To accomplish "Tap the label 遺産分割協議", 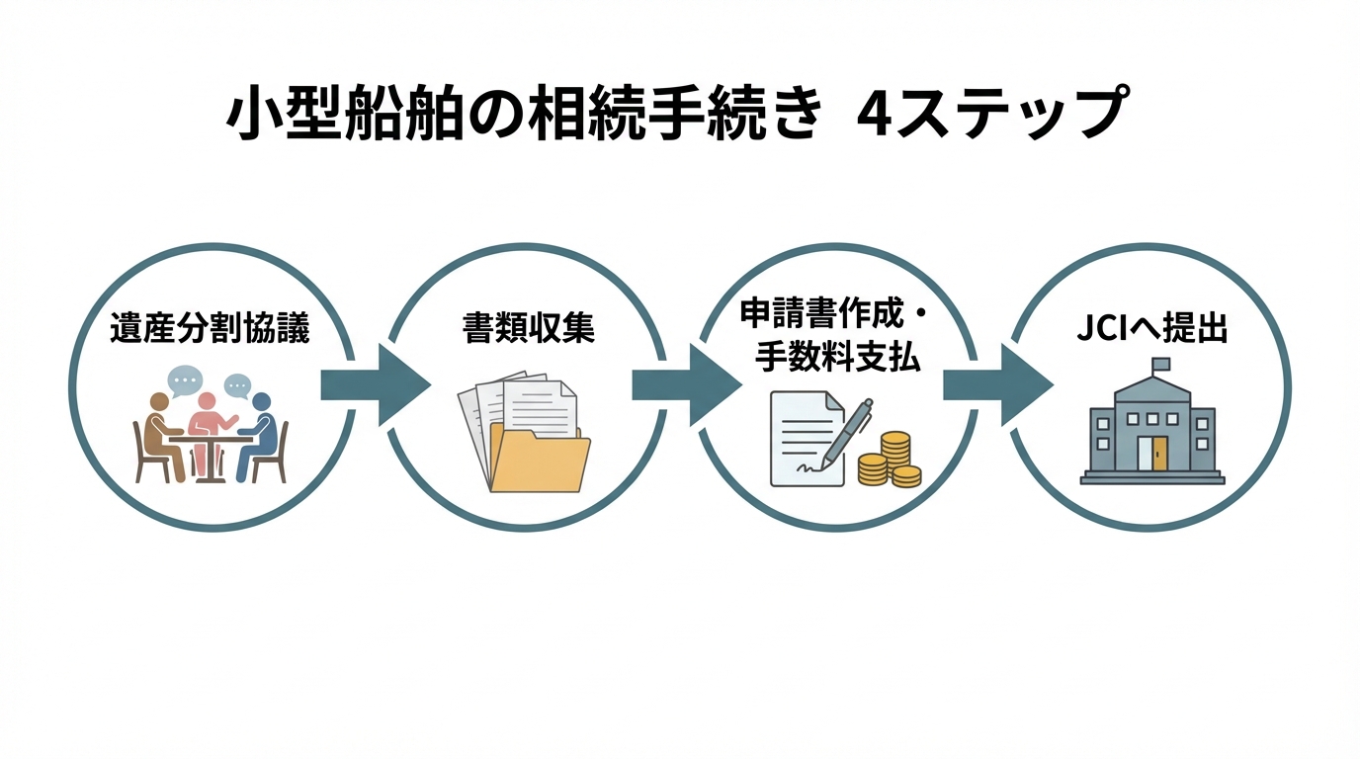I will (211, 329).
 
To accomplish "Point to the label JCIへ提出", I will (1151, 329).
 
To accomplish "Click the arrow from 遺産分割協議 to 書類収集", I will (374, 385).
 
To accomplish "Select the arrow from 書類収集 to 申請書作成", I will (685, 385).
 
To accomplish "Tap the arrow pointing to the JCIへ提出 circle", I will (996, 385).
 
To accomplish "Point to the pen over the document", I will (847, 432).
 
